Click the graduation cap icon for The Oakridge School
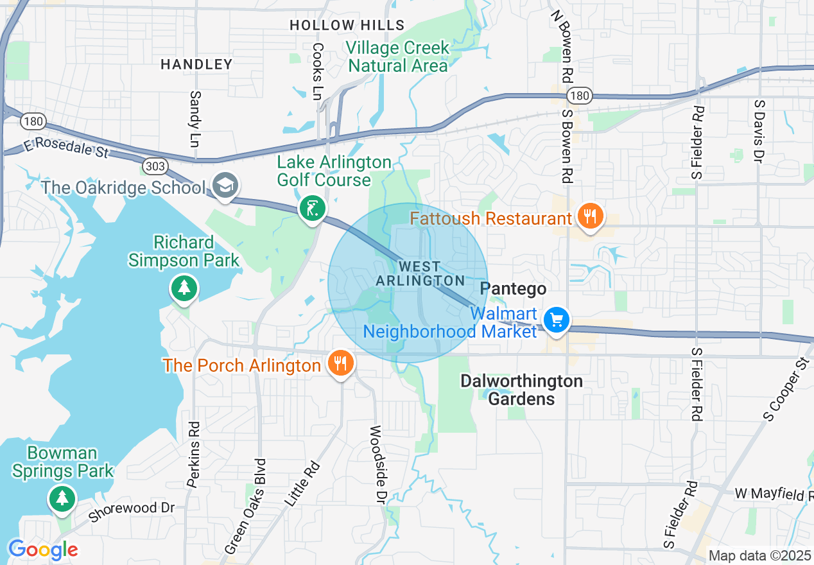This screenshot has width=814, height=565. (225, 186)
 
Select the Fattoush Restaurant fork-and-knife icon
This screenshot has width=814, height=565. (589, 216)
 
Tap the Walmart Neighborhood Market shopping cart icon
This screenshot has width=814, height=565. (556, 319)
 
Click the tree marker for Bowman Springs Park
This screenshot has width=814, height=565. (62, 498)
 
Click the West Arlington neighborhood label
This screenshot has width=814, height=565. (420, 274)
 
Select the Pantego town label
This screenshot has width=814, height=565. (513, 289)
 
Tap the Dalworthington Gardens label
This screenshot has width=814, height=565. (521, 390)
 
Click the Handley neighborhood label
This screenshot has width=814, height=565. (196, 64)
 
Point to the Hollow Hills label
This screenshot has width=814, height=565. (347, 26)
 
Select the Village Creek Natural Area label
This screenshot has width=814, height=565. (397, 56)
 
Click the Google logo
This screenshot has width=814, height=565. (43, 550)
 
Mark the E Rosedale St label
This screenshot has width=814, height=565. (64, 147)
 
